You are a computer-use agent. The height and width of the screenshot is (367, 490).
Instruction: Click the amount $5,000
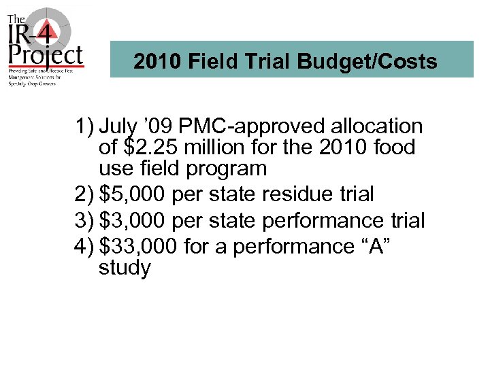[133, 194]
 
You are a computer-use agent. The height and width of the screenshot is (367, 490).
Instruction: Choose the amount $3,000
[133, 220]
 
